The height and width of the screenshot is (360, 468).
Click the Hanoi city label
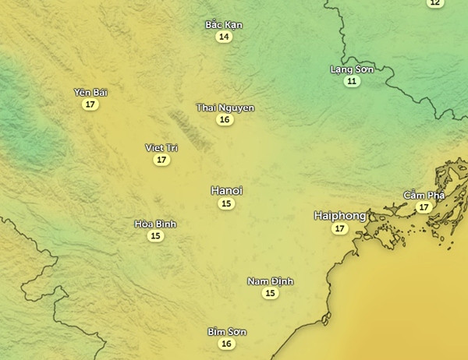coord(226,190)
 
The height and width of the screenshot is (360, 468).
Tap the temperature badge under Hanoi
coord(226,204)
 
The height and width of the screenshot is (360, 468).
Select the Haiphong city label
coord(339,214)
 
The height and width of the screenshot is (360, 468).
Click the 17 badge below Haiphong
coord(339,228)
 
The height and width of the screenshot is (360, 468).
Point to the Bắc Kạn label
coord(224,24)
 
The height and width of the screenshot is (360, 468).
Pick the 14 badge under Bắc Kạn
coord(224,37)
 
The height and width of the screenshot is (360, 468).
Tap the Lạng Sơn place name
coord(352,69)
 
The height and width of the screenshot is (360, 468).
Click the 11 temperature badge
coord(352,81)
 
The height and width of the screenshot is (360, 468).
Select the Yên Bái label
coord(90,92)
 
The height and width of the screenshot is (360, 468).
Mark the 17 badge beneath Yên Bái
coord(90,104)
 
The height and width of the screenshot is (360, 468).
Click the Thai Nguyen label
coord(225,108)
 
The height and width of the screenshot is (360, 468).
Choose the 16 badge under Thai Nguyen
coord(225,120)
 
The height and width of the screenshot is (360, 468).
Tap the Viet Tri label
coord(161,147)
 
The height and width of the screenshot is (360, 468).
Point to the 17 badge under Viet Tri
coord(161,160)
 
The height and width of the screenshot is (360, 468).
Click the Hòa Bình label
coord(155,224)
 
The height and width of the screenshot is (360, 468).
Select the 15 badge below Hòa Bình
coord(155,236)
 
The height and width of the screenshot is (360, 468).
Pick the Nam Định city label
coord(270,281)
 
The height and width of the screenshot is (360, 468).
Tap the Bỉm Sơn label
coord(226,332)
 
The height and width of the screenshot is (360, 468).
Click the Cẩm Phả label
coord(424,195)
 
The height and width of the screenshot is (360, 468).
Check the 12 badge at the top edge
coord(434,3)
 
